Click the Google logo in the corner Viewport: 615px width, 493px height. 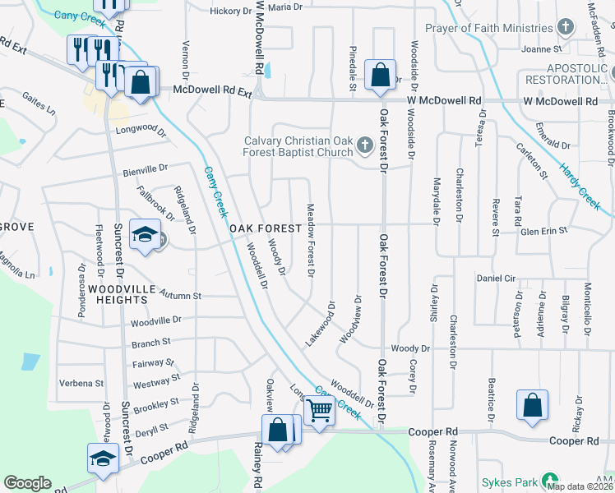pyautogui.click(x=27, y=483)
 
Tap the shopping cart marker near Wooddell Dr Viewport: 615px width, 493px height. pyautogui.click(x=319, y=410)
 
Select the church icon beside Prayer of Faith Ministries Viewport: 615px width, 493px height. pyautogui.click(x=565, y=27)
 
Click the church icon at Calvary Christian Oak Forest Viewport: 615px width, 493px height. pyautogui.click(x=366, y=147)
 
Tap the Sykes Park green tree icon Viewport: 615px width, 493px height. pyautogui.click(x=549, y=481)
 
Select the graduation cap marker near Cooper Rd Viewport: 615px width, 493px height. pyautogui.click(x=103, y=458)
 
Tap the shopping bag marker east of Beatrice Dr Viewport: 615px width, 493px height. pyautogui.click(x=533, y=404)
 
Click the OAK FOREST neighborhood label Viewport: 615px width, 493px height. pyautogui.click(x=262, y=228)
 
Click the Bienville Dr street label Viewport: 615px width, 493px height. pyautogui.click(x=145, y=169)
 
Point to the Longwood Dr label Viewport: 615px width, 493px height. pyautogui.click(x=141, y=129)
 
